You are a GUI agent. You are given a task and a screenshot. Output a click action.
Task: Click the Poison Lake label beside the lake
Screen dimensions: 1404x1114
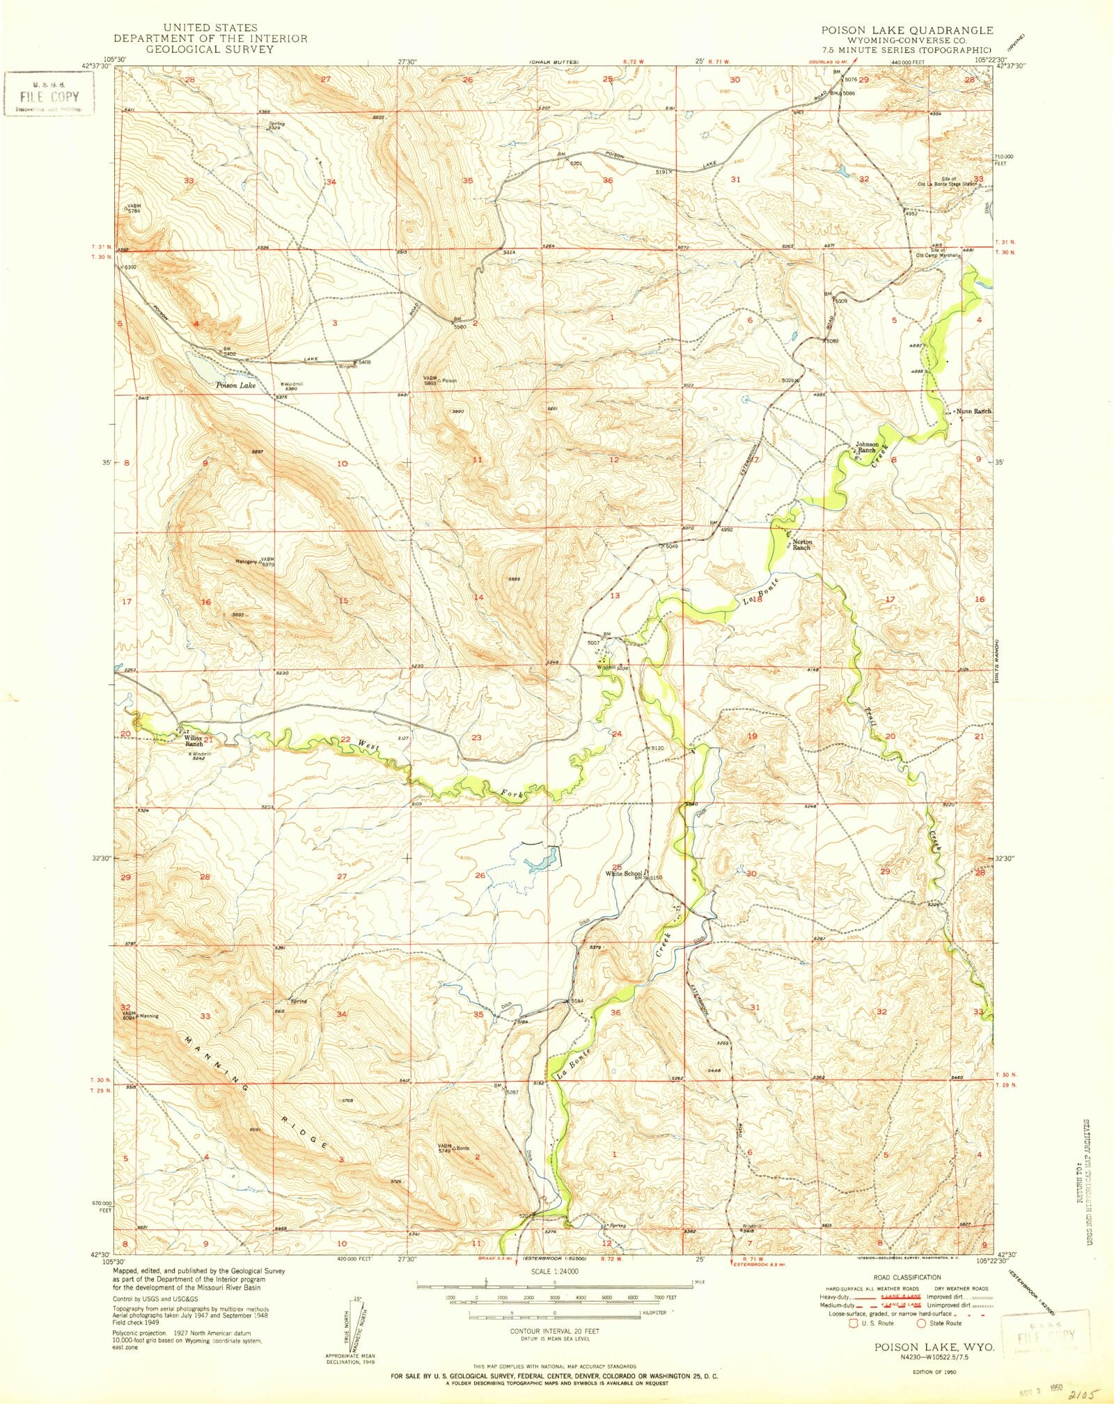(x=235, y=385)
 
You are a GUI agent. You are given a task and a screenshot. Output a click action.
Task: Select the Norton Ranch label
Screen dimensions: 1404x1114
(x=801, y=544)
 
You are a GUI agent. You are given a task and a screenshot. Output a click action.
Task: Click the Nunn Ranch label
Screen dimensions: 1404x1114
(x=973, y=411)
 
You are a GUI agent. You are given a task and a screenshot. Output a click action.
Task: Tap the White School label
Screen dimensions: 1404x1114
(x=623, y=874)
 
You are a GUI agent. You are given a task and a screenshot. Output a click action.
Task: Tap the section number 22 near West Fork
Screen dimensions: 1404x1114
(x=345, y=739)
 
